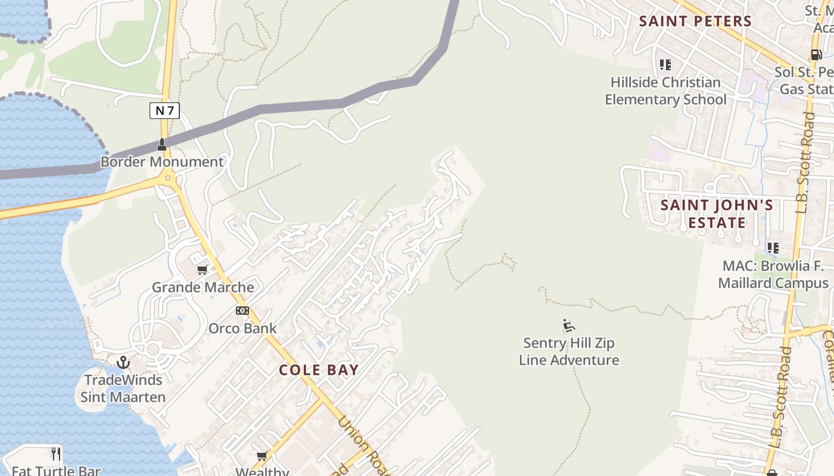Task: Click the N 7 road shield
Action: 164,110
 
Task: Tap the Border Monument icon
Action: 161,145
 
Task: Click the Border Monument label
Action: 162,162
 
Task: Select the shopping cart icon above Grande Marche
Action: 203,270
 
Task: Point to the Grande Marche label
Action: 203,287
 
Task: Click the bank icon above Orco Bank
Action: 242,311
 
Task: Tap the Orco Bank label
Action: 242,328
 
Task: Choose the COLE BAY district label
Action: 319,370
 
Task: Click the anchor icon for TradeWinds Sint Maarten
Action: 123,362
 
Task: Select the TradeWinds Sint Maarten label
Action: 123,389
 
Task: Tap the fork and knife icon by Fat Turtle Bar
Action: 56,455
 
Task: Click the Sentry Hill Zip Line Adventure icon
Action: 568,325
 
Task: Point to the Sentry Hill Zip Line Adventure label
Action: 569,352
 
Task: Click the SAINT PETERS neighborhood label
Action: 695,21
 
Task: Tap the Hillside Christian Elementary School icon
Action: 665,64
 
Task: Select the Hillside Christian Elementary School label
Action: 665,91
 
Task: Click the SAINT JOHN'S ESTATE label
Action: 717,214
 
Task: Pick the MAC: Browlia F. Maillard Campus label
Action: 773,274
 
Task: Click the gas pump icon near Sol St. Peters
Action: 816,55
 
